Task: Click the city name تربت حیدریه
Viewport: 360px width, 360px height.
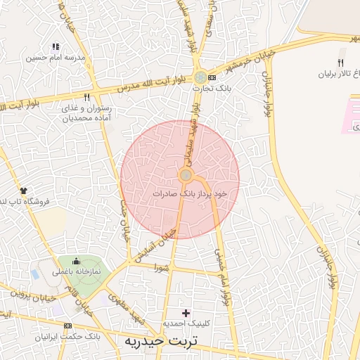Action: click(162, 341)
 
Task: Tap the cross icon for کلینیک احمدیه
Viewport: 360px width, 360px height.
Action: click(186, 312)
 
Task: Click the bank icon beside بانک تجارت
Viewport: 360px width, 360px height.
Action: click(213, 77)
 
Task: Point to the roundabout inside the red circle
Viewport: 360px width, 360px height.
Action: click(186, 175)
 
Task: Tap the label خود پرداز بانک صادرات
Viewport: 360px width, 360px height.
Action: click(191, 192)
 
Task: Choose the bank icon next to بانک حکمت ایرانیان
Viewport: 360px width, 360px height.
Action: click(67, 326)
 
